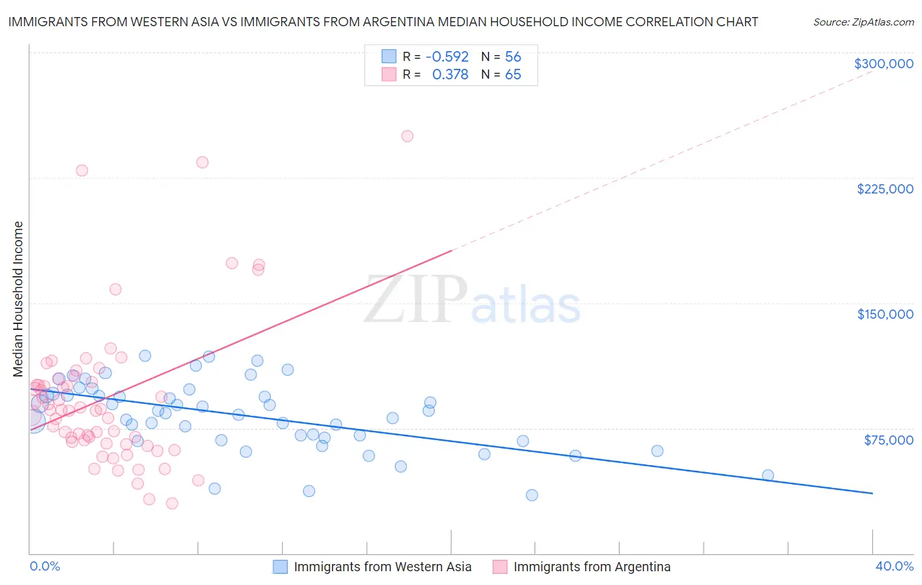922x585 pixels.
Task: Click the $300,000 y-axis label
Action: tap(883, 64)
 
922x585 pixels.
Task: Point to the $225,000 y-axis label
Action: tap(885, 189)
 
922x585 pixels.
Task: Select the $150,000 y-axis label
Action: tap(885, 314)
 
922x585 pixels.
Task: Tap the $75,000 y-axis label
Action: tap(888, 440)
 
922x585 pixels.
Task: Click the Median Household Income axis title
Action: tap(18, 299)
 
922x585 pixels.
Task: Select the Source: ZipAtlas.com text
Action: tap(863, 22)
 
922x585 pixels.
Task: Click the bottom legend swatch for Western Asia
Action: tap(280, 567)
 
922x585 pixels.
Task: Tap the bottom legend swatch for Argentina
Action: tap(500, 567)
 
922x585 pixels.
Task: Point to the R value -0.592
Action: tap(447, 57)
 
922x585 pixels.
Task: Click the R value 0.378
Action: tap(450, 75)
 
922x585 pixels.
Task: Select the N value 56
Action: tap(513, 57)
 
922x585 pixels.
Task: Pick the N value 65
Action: tap(513, 75)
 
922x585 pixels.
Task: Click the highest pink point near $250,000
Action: tap(407, 136)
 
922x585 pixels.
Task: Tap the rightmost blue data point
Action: tap(768, 475)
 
